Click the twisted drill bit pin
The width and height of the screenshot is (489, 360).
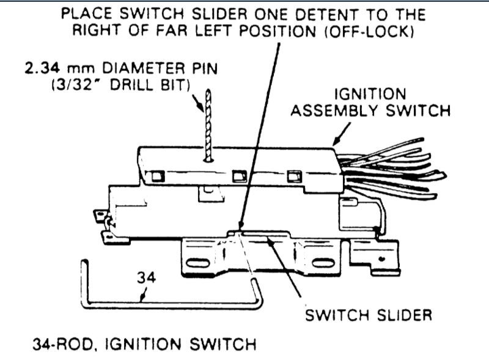pos(208,125)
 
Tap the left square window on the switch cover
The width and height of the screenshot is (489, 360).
pos(158,176)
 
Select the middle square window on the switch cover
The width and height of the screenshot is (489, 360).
pos(239,176)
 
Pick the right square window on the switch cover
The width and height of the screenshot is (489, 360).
pos(294,177)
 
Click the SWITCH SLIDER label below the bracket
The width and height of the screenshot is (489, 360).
pos(368,315)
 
